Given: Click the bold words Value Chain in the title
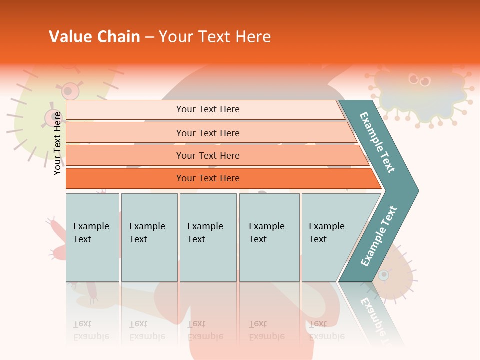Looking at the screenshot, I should point(94,37).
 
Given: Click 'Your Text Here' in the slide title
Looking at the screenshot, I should point(215,37).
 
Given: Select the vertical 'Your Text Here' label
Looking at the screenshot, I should point(57,143).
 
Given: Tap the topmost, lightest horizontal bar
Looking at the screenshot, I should point(207,109).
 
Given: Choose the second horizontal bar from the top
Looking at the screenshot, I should point(207,133).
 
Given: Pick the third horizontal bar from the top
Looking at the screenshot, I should point(207,155).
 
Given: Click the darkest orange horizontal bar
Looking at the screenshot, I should point(207,178).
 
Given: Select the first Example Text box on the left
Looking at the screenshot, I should point(92,237).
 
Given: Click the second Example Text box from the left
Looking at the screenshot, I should point(149,237).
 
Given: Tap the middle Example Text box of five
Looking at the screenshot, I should point(208,237).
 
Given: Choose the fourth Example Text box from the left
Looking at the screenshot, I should point(269,237).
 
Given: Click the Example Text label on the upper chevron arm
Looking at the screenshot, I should point(377,142).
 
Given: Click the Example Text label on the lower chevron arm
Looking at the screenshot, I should point(379,236).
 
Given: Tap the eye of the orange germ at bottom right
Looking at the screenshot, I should point(383,275).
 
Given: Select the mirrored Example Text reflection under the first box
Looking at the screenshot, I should point(91,330).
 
